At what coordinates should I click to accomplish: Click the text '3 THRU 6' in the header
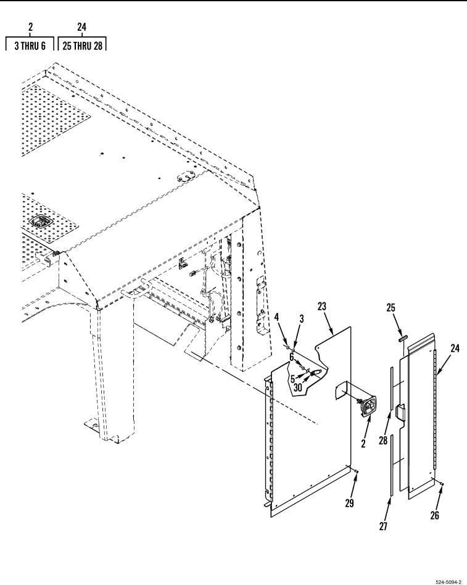click(x=30, y=46)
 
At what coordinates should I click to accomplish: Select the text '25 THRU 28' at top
click(x=82, y=46)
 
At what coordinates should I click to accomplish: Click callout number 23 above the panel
click(x=321, y=306)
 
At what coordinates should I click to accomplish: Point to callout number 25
click(x=391, y=308)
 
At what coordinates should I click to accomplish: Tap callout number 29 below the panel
click(x=349, y=504)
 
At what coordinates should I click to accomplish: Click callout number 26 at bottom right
click(x=434, y=515)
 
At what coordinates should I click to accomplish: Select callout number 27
click(x=383, y=526)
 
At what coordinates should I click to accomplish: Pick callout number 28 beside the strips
click(x=383, y=441)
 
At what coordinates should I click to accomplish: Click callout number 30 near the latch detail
click(x=297, y=388)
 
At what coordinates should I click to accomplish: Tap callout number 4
click(x=276, y=318)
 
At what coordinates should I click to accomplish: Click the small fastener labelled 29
click(x=357, y=472)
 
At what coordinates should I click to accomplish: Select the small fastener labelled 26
click(x=442, y=484)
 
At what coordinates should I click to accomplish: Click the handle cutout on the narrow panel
click(x=400, y=413)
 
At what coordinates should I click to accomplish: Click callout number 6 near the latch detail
click(x=292, y=357)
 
